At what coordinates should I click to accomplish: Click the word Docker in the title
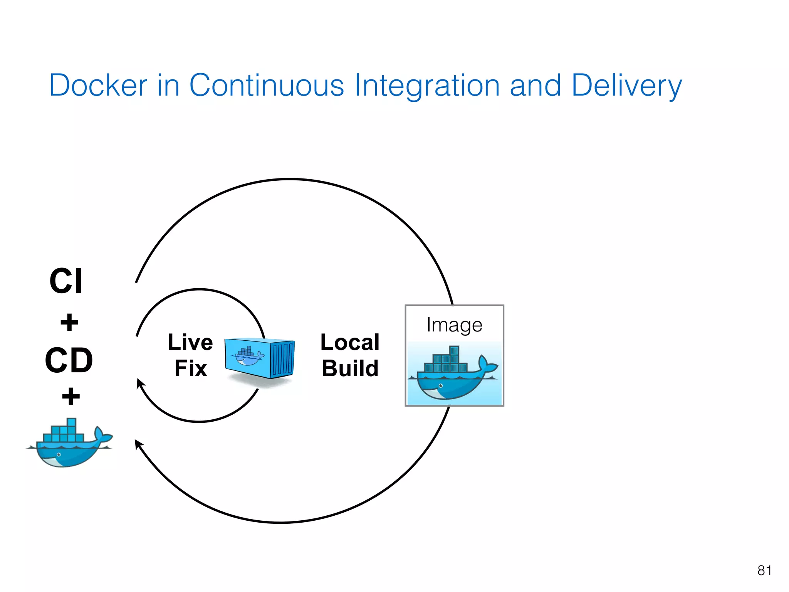pyautogui.click(x=98, y=85)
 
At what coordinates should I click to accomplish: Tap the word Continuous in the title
pyautogui.click(x=266, y=85)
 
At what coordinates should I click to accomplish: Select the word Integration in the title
pyautogui.click(x=427, y=85)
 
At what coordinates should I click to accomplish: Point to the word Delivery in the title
pyautogui.click(x=626, y=85)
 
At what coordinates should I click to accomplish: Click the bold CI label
pyautogui.click(x=66, y=281)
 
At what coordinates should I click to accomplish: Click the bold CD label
pyautogui.click(x=69, y=360)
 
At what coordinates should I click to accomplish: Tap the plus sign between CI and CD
pyautogui.click(x=69, y=323)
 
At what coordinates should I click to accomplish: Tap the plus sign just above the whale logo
pyautogui.click(x=71, y=397)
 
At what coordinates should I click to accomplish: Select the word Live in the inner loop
pyautogui.click(x=190, y=342)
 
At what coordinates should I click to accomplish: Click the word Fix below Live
pyautogui.click(x=191, y=368)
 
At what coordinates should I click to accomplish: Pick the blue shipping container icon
pyautogui.click(x=260, y=358)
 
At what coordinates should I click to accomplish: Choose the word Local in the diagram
pyautogui.click(x=350, y=342)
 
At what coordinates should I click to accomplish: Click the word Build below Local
pyautogui.click(x=350, y=368)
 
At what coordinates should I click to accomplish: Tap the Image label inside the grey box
pyautogui.click(x=454, y=325)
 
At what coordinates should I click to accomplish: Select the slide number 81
pyautogui.click(x=764, y=570)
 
